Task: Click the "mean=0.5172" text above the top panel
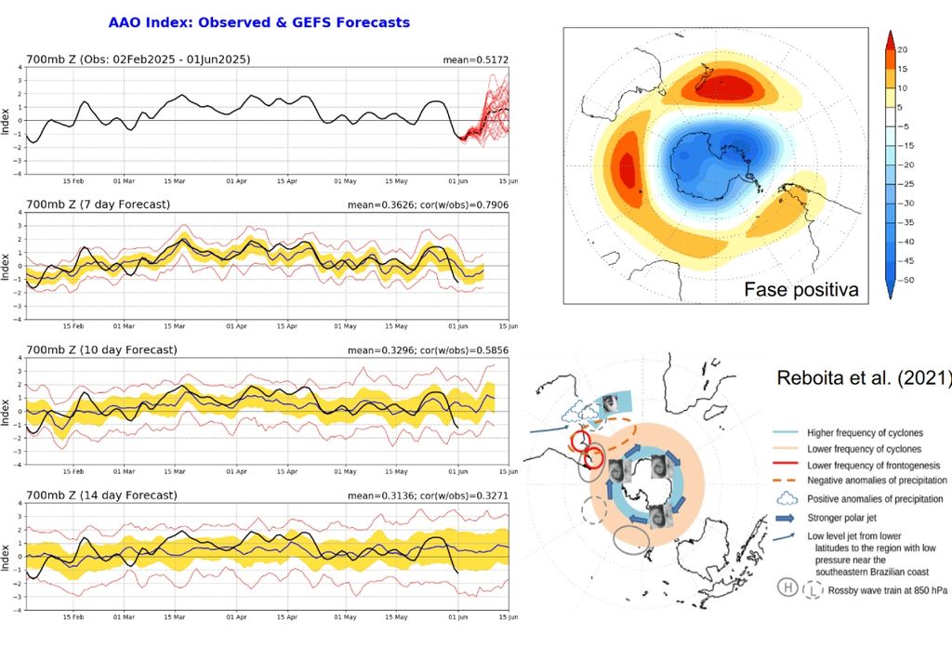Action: click(x=475, y=59)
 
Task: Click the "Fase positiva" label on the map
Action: click(x=800, y=290)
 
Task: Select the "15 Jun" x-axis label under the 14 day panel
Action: click(x=502, y=616)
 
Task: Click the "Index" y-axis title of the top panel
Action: click(x=7, y=122)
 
